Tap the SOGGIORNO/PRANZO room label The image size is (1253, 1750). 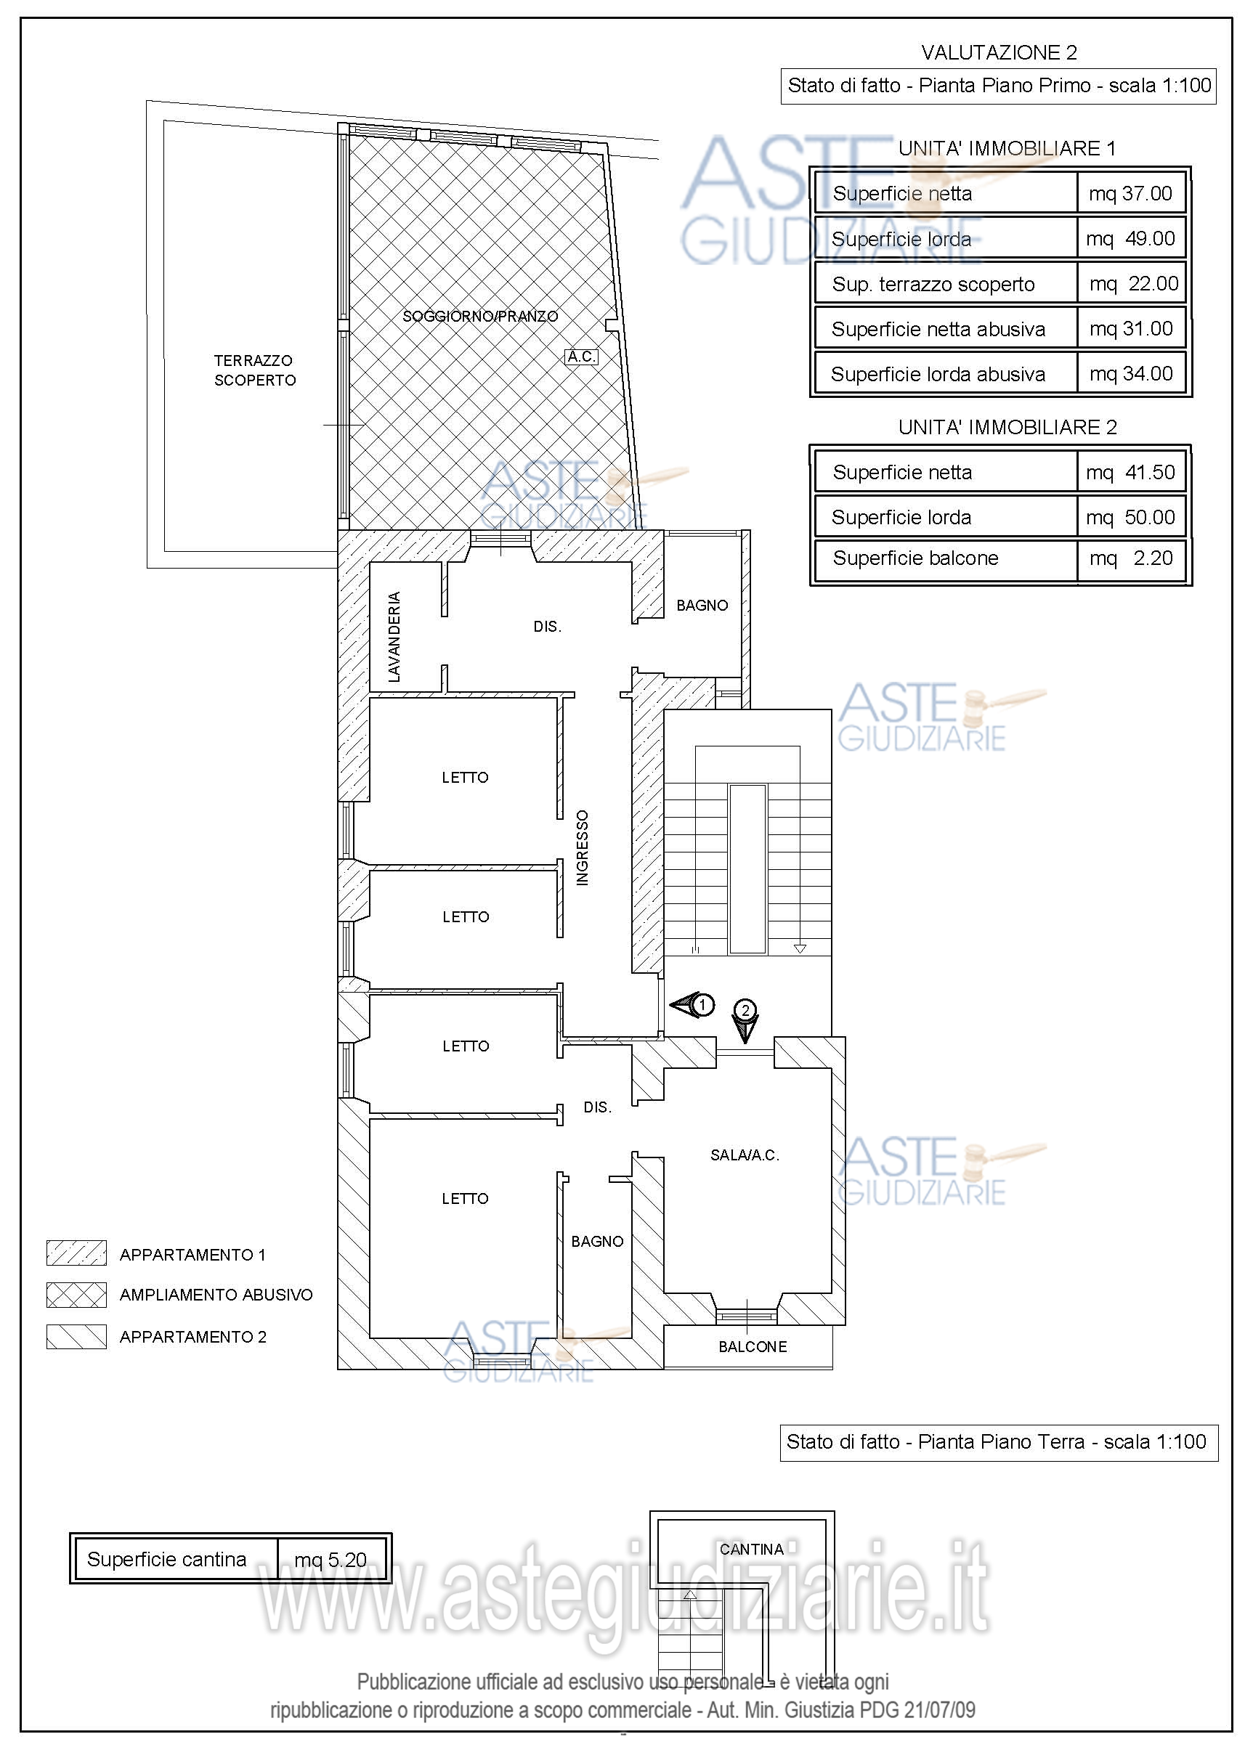pyautogui.click(x=480, y=316)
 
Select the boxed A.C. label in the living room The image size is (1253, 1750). pyautogui.click(x=582, y=357)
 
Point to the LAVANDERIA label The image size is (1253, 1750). pyautogui.click(x=394, y=636)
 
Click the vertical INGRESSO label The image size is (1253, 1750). pyautogui.click(x=583, y=847)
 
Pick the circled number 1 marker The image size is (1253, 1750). pyautogui.click(x=703, y=1005)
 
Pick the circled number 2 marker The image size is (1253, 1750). pyautogui.click(x=745, y=1009)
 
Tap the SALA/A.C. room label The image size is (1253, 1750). pyautogui.click(x=745, y=1155)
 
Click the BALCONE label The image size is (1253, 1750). pyautogui.click(x=753, y=1346)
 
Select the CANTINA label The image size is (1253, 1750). pyautogui.click(x=752, y=1550)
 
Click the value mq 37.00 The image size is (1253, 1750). pyautogui.click(x=1130, y=193)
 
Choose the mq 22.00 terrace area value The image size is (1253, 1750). pyautogui.click(x=1134, y=284)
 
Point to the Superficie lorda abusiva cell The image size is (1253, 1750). pyautogui.click(x=938, y=374)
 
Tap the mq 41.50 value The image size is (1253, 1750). pyautogui.click(x=1131, y=472)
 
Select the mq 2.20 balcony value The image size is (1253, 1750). pyautogui.click(x=1131, y=558)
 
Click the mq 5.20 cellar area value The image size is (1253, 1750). pyautogui.click(x=331, y=1560)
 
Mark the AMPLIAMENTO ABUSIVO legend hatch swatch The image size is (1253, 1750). pyautogui.click(x=76, y=1295)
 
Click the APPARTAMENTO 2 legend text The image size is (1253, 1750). pyautogui.click(x=193, y=1337)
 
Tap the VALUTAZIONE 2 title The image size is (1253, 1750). pyautogui.click(x=999, y=52)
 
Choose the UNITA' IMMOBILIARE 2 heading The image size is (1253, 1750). pyautogui.click(x=1007, y=427)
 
